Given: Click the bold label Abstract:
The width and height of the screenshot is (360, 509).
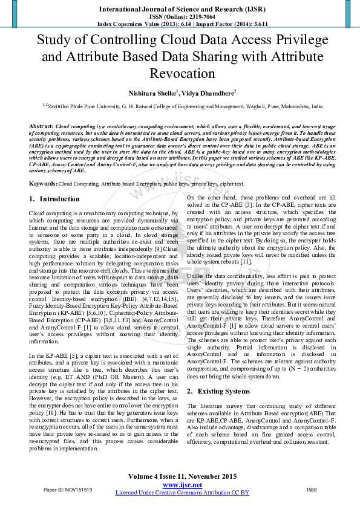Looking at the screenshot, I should tap(41, 126).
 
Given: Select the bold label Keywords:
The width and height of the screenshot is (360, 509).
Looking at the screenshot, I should tap(43, 183).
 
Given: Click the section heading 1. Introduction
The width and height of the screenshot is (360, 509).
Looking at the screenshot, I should tap(54, 199).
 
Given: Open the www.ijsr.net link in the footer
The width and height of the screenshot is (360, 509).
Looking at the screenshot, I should tap(182, 485).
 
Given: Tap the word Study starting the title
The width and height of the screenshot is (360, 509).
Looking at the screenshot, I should tap(54, 41).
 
